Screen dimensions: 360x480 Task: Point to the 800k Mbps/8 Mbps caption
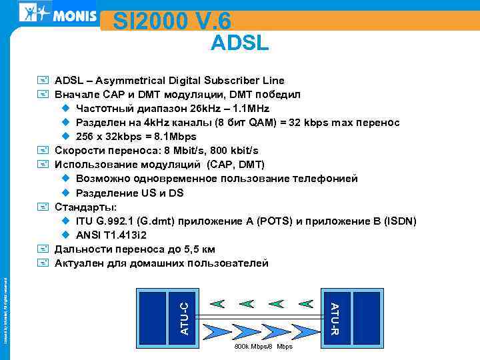coord(263,347)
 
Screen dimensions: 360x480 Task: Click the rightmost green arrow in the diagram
coord(306,303)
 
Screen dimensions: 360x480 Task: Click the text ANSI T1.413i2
coord(111,235)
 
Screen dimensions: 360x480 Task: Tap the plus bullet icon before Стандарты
coord(43,207)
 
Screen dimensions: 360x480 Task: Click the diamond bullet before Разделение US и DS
coord(65,193)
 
